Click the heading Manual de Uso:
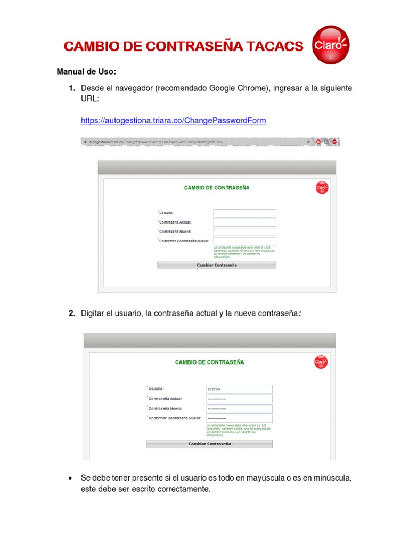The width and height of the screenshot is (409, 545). [x=86, y=72]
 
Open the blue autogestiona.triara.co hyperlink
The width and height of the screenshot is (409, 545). [x=173, y=121]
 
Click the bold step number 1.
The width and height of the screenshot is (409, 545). [x=71, y=88]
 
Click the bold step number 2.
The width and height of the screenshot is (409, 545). [x=71, y=313]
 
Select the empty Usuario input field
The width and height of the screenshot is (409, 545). [x=244, y=213]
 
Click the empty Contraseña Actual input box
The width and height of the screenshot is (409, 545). [x=244, y=222]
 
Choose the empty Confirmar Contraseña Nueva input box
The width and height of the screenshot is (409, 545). [x=244, y=241]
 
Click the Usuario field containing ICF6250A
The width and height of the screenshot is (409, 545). [x=239, y=389]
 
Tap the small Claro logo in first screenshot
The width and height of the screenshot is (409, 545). [x=322, y=187]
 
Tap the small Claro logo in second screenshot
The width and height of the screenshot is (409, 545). [x=321, y=362]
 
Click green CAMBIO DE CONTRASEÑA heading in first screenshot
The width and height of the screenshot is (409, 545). [x=216, y=188]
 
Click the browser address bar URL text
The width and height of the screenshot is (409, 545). [x=154, y=142]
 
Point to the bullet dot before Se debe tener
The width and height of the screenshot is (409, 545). [x=70, y=478]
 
